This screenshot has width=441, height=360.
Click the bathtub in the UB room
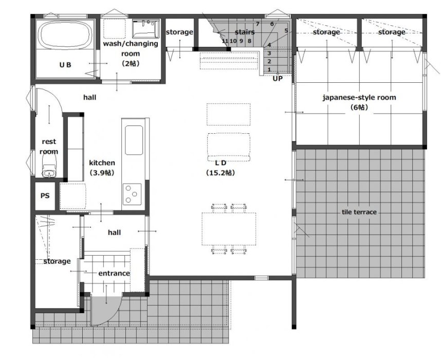click(x=65, y=34)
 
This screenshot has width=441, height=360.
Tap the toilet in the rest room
click(x=49, y=167)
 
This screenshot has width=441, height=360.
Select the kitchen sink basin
click(x=134, y=140)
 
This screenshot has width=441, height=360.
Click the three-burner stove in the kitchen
click(x=132, y=194)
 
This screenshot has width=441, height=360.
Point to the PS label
click(x=45, y=195)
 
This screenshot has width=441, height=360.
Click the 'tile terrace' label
click(x=359, y=212)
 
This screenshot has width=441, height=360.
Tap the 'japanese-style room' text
click(x=359, y=97)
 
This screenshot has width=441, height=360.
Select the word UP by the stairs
click(x=278, y=79)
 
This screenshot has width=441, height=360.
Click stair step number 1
click(x=269, y=69)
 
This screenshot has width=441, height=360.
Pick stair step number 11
click(x=225, y=41)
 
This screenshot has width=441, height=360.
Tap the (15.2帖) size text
click(x=220, y=172)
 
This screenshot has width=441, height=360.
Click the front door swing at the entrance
click(x=106, y=311)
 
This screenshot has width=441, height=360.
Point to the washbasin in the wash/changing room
click(x=146, y=28)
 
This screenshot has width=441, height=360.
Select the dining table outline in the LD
click(x=229, y=229)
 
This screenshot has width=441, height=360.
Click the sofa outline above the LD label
click(x=229, y=147)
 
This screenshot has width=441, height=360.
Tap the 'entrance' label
click(x=114, y=273)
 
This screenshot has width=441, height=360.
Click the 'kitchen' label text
click(x=102, y=163)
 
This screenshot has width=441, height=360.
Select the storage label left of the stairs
click(x=179, y=32)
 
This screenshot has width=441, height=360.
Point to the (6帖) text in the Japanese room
click(x=359, y=107)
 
